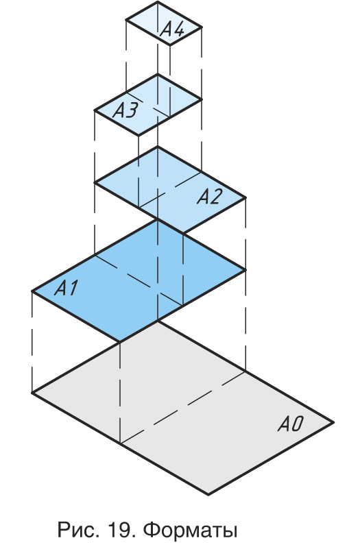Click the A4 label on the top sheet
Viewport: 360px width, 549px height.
pyautogui.click(x=171, y=29)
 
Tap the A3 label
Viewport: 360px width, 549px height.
pyautogui.click(x=125, y=110)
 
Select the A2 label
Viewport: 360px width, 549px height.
pyautogui.click(x=209, y=196)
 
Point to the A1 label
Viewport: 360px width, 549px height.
pyautogui.click(x=67, y=288)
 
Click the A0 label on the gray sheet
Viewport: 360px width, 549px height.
pyautogui.click(x=290, y=424)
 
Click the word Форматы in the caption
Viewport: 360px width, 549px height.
pyautogui.click(x=191, y=529)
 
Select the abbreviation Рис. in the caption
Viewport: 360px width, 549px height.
pyautogui.click(x=77, y=529)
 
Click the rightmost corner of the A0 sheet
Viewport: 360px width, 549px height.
pyautogui.click(x=333, y=423)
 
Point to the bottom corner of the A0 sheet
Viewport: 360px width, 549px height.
pyautogui.click(x=208, y=494)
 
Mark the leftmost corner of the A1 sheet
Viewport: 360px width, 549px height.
pyautogui.click(x=32, y=291)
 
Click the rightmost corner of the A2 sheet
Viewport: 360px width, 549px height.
pyautogui.click(x=245, y=198)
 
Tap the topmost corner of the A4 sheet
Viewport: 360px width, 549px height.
pyautogui.click(x=158, y=2)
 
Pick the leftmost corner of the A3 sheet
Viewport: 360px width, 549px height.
pyautogui.click(x=95, y=110)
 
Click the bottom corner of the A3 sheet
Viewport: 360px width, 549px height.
pyautogui.click(x=139, y=135)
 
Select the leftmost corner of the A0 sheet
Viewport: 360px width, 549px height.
pyautogui.click(x=32, y=393)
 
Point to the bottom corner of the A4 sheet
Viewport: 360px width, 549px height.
pyautogui.click(x=170, y=45)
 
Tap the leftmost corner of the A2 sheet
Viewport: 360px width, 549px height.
pyautogui.click(x=95, y=182)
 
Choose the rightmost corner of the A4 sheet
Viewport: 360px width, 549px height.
pyautogui.click(x=202, y=27)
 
